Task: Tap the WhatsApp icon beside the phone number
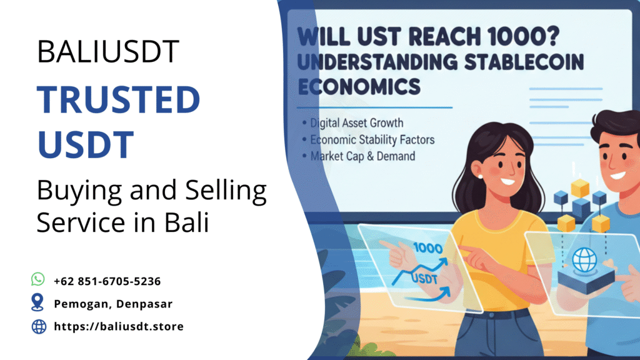click(x=38, y=279)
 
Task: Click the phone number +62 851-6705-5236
click(x=107, y=281)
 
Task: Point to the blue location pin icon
click(x=38, y=303)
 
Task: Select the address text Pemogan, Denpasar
click(x=113, y=304)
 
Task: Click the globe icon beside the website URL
click(x=39, y=326)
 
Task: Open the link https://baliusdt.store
click(x=119, y=326)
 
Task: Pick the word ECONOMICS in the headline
click(x=359, y=87)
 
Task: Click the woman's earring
click(x=480, y=176)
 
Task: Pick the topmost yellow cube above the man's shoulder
click(x=581, y=186)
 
